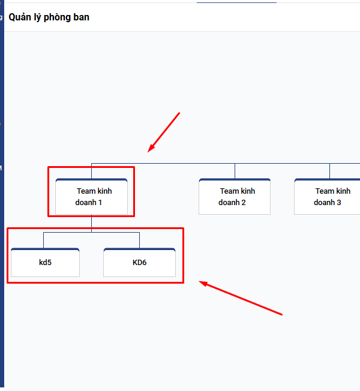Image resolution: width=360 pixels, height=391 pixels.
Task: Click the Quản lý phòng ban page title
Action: point(49,17)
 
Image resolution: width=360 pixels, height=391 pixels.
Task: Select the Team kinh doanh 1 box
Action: point(91,197)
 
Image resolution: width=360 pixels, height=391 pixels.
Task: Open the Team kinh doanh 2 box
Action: point(235,197)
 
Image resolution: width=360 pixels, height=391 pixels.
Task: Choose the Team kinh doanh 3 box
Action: point(329,197)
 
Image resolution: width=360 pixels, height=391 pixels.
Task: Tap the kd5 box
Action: point(45,263)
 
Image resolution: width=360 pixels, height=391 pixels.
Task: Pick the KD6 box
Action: point(139,263)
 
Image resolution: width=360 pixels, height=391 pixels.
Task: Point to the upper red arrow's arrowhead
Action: point(150,150)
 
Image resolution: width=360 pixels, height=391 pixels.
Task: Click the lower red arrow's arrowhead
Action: point(202,282)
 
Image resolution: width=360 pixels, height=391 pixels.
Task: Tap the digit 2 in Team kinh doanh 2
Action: point(244,203)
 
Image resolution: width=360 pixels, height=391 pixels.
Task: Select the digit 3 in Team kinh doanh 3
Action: point(339,203)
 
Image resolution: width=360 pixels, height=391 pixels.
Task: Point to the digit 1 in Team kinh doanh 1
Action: point(100,203)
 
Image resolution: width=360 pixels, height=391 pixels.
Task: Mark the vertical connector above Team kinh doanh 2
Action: point(235,170)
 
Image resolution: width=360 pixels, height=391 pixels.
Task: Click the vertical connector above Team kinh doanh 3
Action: point(329,170)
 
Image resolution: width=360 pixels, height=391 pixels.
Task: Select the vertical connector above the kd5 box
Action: point(43,240)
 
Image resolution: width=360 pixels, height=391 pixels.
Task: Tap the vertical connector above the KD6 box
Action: point(139,240)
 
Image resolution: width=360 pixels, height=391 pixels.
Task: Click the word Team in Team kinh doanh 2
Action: point(229,191)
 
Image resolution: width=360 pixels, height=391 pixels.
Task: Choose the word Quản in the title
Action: point(20,17)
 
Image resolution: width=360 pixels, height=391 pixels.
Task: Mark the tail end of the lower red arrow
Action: point(281,314)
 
